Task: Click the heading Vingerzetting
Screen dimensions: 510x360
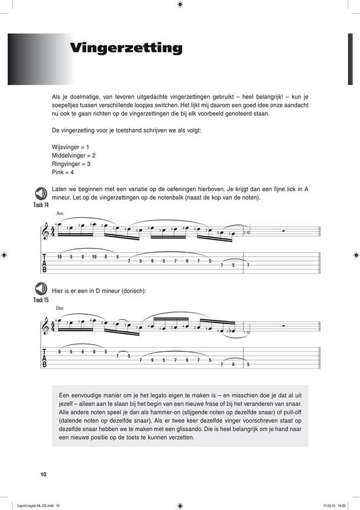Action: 126,48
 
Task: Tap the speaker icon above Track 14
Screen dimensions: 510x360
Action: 41,193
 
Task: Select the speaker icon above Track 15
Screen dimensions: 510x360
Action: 41,289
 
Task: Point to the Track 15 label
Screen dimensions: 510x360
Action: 41,300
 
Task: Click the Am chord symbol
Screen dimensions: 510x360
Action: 60,213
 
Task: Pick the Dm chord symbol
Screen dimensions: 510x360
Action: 60,309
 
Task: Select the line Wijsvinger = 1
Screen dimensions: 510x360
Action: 70,146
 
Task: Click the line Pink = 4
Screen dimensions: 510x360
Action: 63,173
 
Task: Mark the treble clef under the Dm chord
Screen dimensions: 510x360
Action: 47,328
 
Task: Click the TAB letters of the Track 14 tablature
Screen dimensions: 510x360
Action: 44,263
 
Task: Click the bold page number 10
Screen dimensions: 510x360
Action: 43,475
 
